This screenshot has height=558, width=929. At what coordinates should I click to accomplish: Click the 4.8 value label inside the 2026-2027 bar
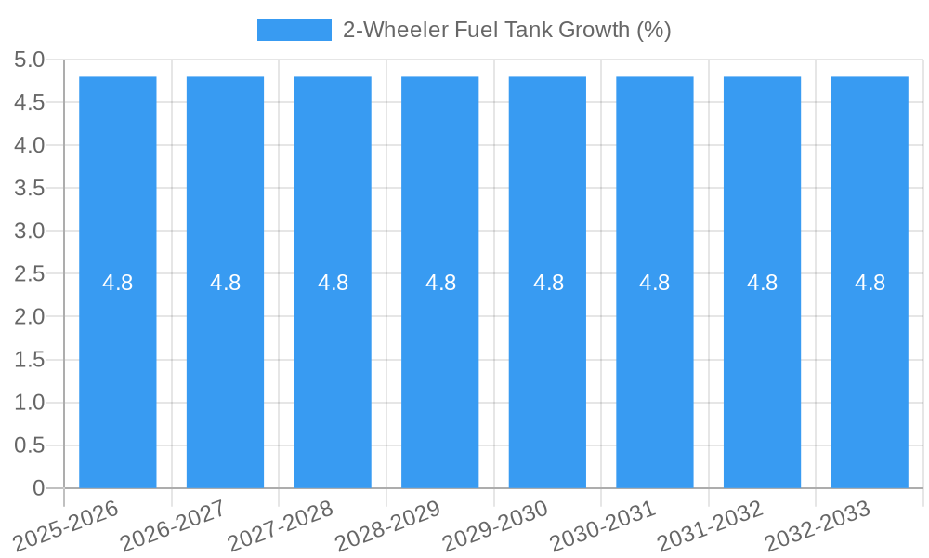(x=225, y=283)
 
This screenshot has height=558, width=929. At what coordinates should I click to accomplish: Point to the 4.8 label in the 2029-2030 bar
(x=548, y=283)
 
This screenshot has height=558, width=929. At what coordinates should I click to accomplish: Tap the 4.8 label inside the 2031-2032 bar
(x=762, y=283)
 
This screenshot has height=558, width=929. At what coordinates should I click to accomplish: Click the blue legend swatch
(x=294, y=30)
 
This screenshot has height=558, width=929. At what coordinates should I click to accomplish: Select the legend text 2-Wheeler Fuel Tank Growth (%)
(x=506, y=30)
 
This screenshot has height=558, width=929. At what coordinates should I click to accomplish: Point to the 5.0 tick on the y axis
(x=30, y=60)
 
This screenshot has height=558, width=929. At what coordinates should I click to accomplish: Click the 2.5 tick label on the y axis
(x=30, y=274)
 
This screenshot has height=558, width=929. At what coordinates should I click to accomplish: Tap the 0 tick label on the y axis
(x=38, y=488)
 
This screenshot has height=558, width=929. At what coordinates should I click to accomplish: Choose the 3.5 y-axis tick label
(x=30, y=189)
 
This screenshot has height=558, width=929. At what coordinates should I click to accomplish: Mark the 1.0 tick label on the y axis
(x=30, y=403)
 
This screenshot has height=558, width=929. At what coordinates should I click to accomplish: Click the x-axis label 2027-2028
(x=280, y=526)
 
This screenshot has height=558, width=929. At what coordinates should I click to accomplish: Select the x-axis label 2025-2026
(x=65, y=526)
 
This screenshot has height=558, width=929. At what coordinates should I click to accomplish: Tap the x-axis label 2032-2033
(x=817, y=526)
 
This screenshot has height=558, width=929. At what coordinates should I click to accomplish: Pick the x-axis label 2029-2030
(x=494, y=526)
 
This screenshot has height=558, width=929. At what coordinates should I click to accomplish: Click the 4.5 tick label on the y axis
(x=30, y=103)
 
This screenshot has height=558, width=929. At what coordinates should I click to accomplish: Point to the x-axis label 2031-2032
(x=710, y=526)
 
